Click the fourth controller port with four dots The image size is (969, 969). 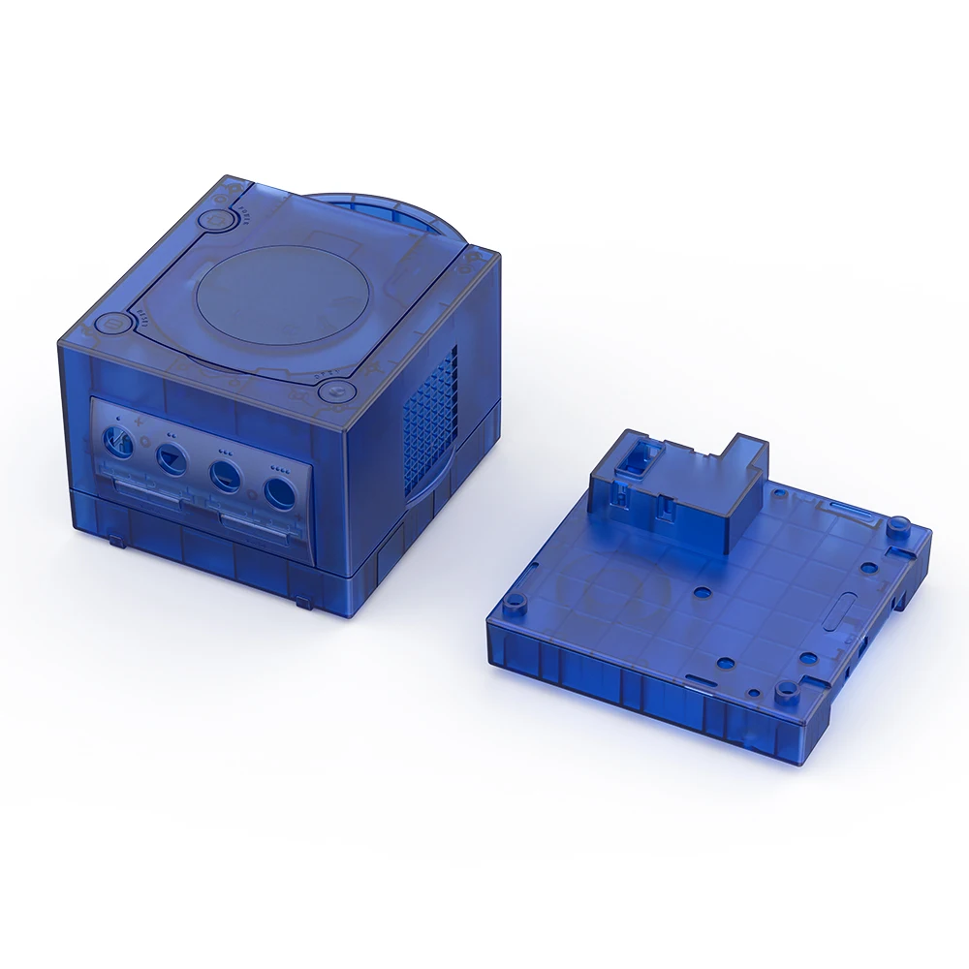(279, 492)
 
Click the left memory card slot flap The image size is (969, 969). (145, 492)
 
